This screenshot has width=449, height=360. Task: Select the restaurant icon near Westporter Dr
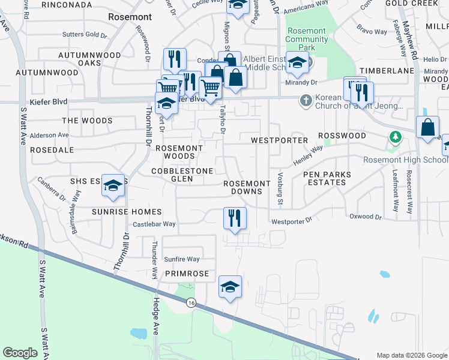(x=234, y=218)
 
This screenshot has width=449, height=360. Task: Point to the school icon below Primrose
(x=230, y=287)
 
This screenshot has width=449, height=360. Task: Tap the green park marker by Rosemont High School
(x=395, y=137)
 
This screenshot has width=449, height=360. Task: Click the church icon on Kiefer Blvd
(x=306, y=100)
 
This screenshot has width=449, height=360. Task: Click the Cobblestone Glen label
(x=182, y=175)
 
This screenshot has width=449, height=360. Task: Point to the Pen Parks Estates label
(x=327, y=178)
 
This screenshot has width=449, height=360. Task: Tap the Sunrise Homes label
(x=127, y=212)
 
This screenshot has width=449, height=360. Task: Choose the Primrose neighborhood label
(x=187, y=274)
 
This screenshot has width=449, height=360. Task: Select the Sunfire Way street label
(x=181, y=259)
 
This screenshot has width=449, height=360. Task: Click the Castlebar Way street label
(x=154, y=224)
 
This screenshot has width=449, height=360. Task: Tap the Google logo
(x=20, y=353)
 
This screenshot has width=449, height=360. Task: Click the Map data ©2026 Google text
(x=411, y=355)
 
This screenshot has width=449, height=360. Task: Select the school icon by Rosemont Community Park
(x=297, y=63)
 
